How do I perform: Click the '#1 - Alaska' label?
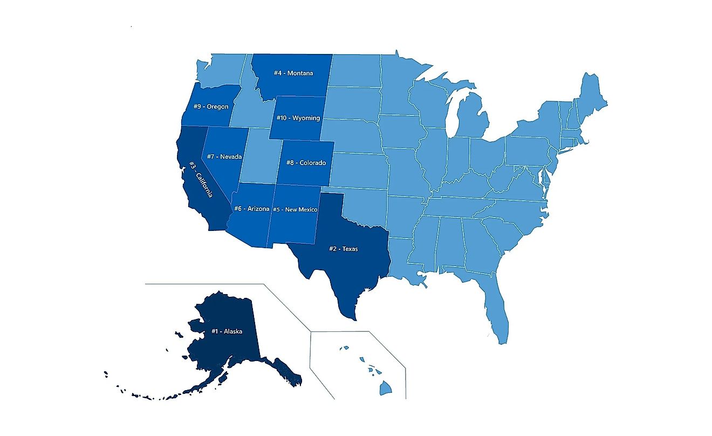[x=227, y=331]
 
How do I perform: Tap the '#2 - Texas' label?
[x=343, y=249]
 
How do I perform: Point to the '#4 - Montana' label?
[x=293, y=73]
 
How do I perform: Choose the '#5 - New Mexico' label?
[x=295, y=209]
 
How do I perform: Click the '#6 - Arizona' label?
[x=251, y=208]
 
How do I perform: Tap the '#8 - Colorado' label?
[x=305, y=162]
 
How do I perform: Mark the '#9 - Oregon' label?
[x=211, y=106]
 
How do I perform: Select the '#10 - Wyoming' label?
[x=298, y=118]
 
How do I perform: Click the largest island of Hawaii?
[x=385, y=388]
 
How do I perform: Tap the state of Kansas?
[x=359, y=170]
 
